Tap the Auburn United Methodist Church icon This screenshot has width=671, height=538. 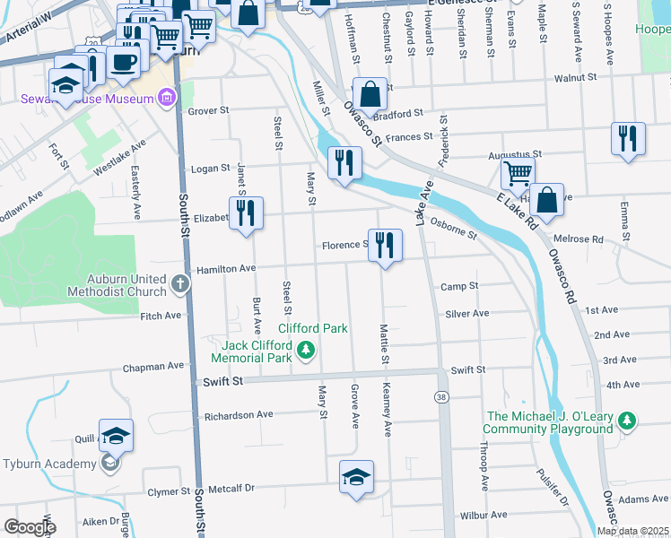[x=180, y=285]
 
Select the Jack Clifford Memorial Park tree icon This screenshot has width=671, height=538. [x=307, y=350]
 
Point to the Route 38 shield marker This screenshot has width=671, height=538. [x=441, y=397]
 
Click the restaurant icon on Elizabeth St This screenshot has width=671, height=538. [x=246, y=213]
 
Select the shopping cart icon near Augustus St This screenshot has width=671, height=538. [x=518, y=172]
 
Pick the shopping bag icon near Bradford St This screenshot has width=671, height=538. [x=370, y=93]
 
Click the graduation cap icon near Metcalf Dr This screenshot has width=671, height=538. [x=356, y=477]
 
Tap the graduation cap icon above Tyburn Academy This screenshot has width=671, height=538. [x=116, y=436]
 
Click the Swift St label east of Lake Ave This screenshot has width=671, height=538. [x=467, y=369]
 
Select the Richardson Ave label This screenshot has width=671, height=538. [x=239, y=416]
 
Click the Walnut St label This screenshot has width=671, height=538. [x=576, y=78]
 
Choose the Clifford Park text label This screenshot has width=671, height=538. [x=312, y=328]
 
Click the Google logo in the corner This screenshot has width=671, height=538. [x=30, y=527]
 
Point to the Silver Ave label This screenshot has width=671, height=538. [x=466, y=313]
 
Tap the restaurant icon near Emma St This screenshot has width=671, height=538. [x=627, y=140]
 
